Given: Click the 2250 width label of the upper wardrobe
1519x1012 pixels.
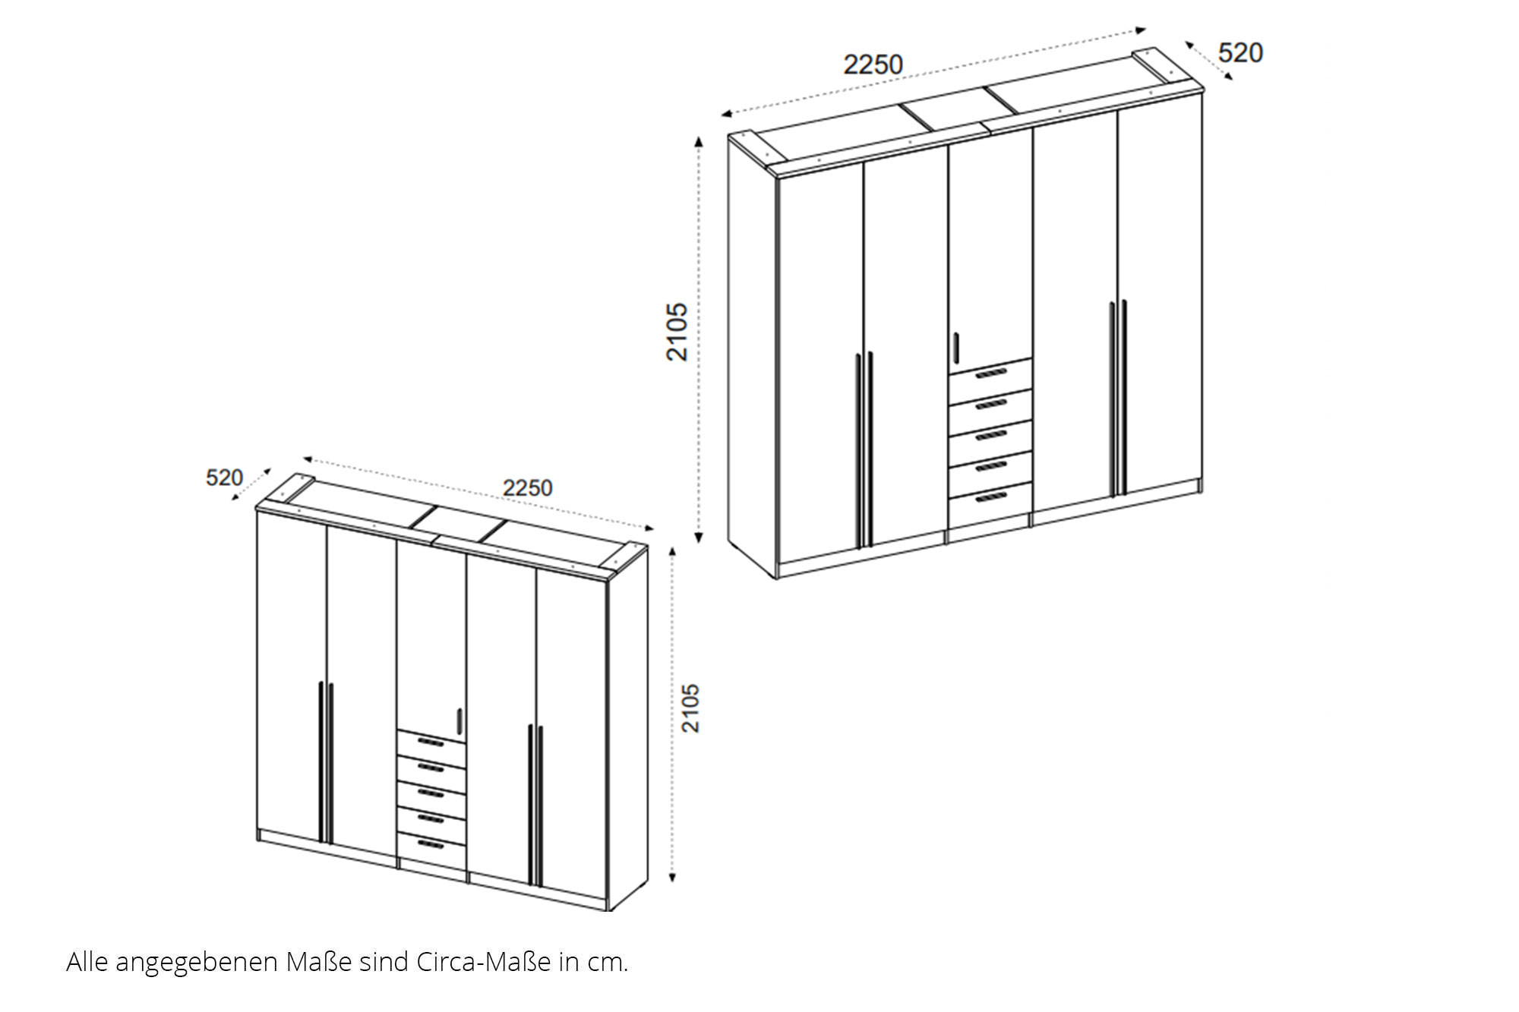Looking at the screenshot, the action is coord(873,65).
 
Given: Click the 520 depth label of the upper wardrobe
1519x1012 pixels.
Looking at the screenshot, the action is coord(1240,52).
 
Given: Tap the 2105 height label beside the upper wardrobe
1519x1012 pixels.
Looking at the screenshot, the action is coord(677,332).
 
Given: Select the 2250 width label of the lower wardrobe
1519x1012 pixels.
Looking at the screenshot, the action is coord(527,487).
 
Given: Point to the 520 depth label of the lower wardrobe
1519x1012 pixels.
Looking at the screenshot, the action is coord(224,478).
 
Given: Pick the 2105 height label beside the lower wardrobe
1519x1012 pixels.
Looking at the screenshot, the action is coord(690,708).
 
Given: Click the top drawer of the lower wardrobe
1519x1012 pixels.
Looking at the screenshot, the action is coord(431,742).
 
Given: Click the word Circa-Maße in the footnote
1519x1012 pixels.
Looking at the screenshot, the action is coord(484,962).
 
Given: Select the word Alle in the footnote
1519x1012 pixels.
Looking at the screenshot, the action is coord(87,962).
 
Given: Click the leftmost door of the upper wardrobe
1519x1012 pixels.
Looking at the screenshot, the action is coord(821,364).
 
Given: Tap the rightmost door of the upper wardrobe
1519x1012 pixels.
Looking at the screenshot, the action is coord(1161,296).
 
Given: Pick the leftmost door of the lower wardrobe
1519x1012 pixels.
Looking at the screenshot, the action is coord(292,676).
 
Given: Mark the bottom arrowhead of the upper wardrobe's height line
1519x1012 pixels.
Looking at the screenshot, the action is coord(699,538).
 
